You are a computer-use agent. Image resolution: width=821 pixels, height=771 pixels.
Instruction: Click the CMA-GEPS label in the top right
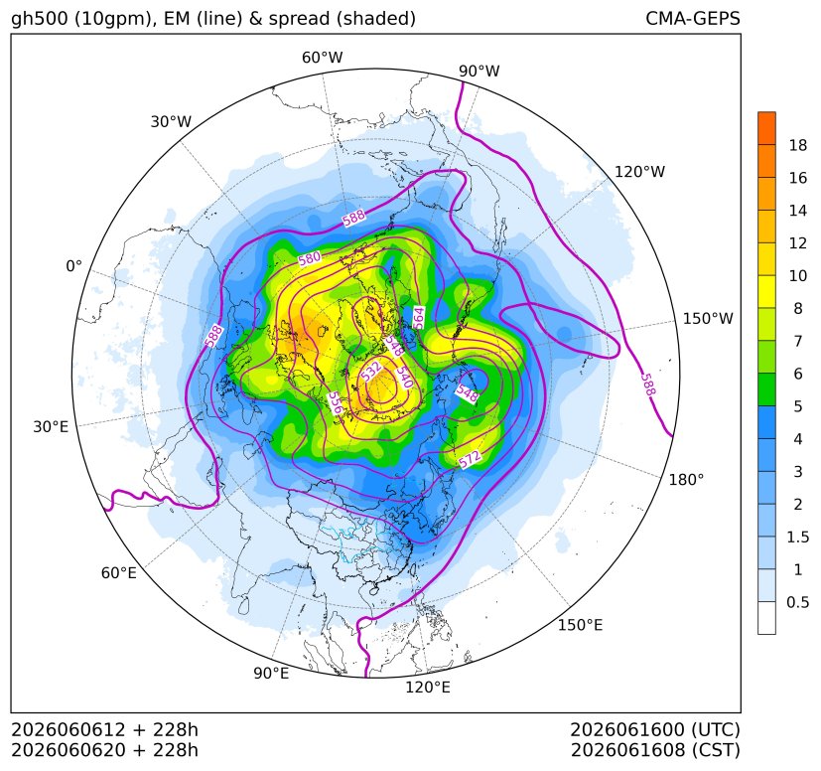pyautogui.click(x=693, y=18)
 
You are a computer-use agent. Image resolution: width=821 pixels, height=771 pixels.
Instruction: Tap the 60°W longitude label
pyautogui.click(x=322, y=58)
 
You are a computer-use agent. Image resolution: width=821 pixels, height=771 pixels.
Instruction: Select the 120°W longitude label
pyautogui.click(x=639, y=172)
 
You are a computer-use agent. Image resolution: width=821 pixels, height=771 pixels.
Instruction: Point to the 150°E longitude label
pyautogui.click(x=580, y=625)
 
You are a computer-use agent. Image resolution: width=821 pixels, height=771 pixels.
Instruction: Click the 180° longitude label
pyautogui.click(x=686, y=480)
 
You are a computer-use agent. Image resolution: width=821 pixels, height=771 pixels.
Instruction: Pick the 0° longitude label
pyautogui.click(x=73, y=266)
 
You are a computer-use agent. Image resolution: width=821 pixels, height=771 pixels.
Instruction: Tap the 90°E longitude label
pyautogui.click(x=271, y=674)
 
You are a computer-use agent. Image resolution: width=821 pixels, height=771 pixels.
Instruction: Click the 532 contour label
pyautogui.click(x=371, y=371)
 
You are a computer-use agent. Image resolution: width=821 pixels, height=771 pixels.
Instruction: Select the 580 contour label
pyautogui.click(x=309, y=258)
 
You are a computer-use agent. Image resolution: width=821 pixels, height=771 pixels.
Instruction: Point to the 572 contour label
pyautogui.click(x=470, y=459)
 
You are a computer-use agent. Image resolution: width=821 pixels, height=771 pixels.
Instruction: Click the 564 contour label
pyautogui.click(x=418, y=318)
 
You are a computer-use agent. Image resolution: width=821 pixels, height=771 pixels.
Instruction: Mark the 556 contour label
pyautogui.click(x=336, y=403)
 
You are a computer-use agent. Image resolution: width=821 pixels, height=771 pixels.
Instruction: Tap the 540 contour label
pyautogui.click(x=405, y=377)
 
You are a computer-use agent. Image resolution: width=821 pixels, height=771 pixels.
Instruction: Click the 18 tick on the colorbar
pyautogui.click(x=798, y=145)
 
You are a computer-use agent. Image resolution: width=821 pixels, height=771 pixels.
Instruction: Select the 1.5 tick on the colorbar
pyautogui.click(x=798, y=537)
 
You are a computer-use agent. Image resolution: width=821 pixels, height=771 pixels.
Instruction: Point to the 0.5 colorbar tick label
pyautogui.click(x=798, y=602)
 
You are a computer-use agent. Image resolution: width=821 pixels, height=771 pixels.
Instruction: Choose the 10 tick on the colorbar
pyautogui.click(x=798, y=275)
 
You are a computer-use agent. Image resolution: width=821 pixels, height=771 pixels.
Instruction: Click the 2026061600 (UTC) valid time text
pyautogui.click(x=655, y=729)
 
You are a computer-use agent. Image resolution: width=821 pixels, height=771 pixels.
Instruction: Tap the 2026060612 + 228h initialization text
pyautogui.click(x=104, y=729)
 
